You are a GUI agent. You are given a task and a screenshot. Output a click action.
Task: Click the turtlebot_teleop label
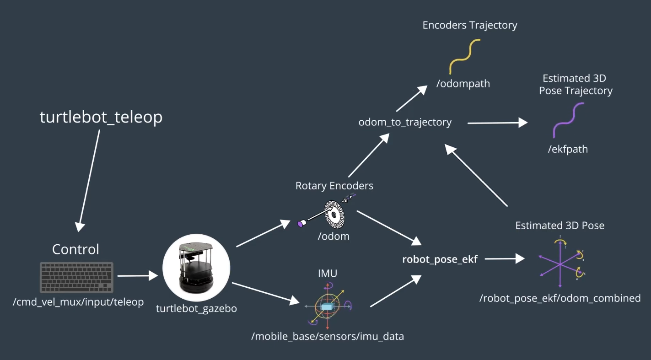click(101, 118)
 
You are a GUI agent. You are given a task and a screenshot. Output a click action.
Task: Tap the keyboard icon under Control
click(76, 277)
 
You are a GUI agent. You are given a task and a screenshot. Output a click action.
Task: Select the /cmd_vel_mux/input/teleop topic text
click(78, 302)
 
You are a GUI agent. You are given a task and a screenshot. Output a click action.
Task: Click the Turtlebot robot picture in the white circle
click(196, 267)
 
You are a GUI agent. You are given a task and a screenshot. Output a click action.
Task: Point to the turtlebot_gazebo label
click(196, 308)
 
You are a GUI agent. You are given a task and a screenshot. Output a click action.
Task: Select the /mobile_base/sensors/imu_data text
click(327, 337)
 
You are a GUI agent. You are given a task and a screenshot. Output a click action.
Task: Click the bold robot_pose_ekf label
click(440, 259)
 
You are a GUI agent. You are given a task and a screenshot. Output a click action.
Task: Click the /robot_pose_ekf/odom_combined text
click(560, 298)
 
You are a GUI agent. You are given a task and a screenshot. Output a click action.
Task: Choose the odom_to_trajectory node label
click(405, 122)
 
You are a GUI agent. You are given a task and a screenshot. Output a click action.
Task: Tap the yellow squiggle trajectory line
click(465, 57)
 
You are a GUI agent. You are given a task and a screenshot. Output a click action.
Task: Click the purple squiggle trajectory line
click(568, 120)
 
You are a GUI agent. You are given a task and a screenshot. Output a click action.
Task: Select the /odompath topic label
click(463, 84)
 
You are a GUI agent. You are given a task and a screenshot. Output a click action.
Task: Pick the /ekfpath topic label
click(568, 149)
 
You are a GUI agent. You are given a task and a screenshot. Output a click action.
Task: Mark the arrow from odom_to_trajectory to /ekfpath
click(497, 123)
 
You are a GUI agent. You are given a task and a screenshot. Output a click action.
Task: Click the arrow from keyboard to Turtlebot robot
click(137, 276)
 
